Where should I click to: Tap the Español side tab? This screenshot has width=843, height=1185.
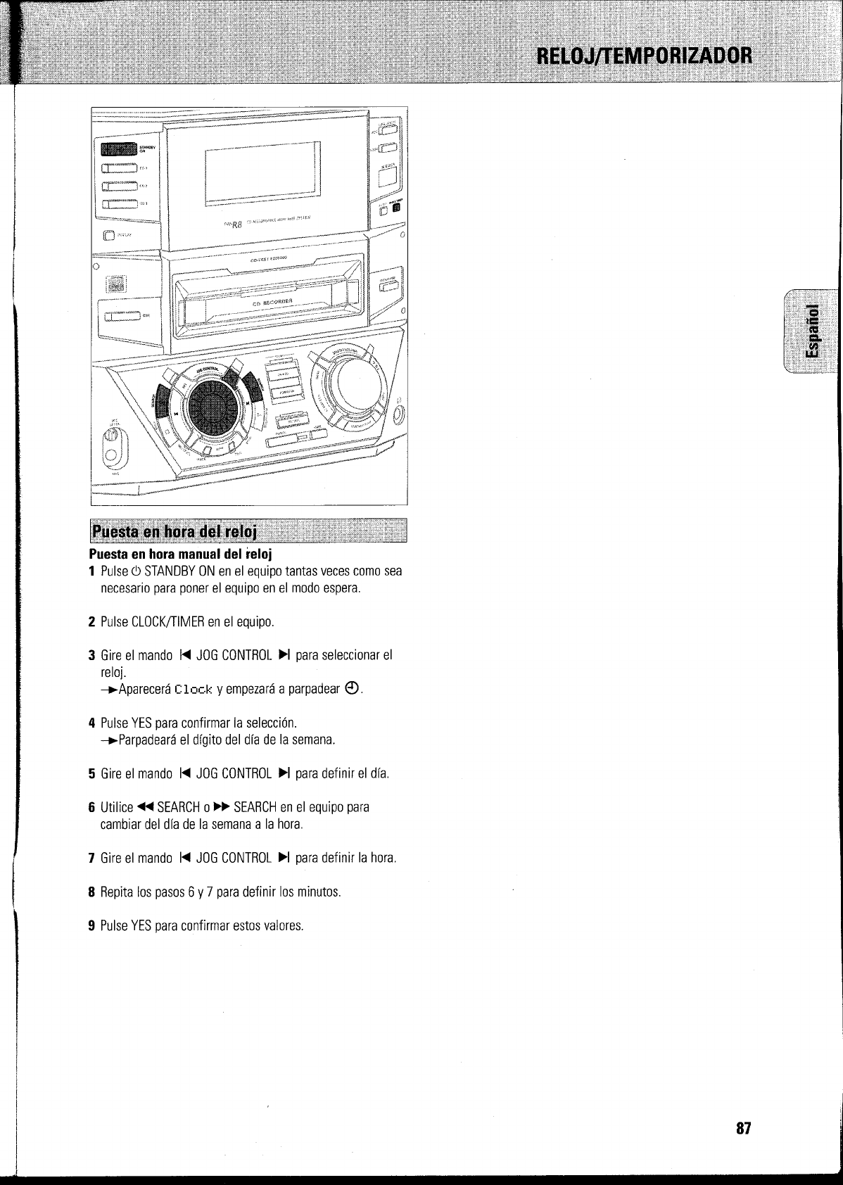pos(811,331)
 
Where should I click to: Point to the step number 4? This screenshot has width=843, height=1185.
pos(91,723)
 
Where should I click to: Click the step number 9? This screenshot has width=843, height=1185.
pos(91,925)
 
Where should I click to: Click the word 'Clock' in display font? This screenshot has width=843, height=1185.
pos(192,688)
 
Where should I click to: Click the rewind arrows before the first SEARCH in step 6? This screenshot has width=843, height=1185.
pos(146,806)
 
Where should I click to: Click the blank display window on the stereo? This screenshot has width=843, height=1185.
pos(262,173)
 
